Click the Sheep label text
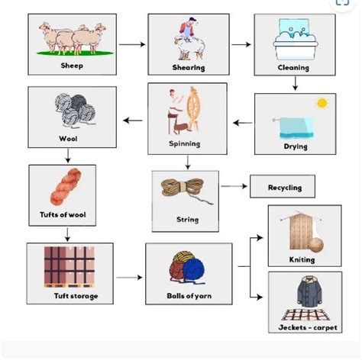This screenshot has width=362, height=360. point(72,66)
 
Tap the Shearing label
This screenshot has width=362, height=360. point(189,68)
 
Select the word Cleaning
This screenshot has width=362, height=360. point(293,68)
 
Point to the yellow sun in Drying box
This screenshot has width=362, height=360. point(321,102)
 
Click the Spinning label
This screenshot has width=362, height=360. point(185,143)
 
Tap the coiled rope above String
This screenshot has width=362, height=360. point(183,190)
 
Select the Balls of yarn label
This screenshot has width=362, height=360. point(188,295)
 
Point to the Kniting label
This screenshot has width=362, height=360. point(302,259)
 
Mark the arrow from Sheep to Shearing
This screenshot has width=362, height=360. point(132,44)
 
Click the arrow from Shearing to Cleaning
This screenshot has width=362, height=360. point(241,44)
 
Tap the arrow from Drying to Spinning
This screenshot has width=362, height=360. point(242,122)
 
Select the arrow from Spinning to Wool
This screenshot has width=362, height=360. point(133,120)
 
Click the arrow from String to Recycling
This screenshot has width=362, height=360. point(234,186)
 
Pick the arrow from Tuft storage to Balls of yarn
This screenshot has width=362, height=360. point(129,277)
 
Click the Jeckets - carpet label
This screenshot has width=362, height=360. point(303,328)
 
